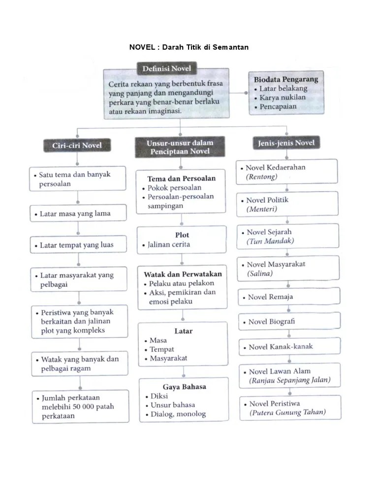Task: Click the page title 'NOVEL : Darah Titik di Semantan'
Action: coord(189,47)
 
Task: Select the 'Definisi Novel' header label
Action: coord(166,68)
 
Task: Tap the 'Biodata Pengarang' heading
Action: coord(286,79)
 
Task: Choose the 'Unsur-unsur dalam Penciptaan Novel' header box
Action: coord(180,147)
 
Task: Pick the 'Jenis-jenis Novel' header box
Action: coord(286,143)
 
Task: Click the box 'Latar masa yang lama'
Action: coord(78,214)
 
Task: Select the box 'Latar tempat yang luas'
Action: coord(78,245)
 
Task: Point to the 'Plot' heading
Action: coord(182,235)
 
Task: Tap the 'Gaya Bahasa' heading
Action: coord(184,386)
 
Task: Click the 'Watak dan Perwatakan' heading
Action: coord(183,274)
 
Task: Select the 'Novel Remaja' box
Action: coord(288,297)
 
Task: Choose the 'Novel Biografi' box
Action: coord(288,321)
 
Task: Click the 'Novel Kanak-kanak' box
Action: coord(288,346)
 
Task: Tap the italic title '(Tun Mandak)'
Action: coord(271,241)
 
